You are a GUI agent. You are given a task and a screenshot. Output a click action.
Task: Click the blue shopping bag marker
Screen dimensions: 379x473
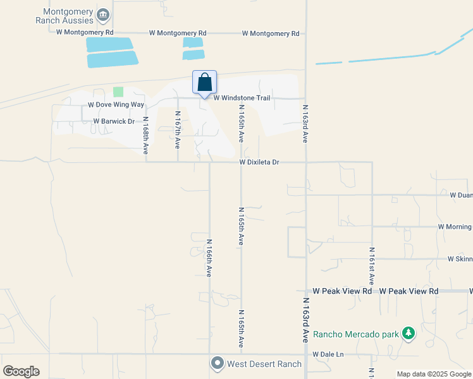pyautogui.click(x=204, y=83)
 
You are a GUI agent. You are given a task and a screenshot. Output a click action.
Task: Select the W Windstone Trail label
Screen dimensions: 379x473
pyautogui.click(x=242, y=98)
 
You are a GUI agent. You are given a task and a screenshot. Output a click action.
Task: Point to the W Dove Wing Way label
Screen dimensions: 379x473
pyautogui.click(x=116, y=104)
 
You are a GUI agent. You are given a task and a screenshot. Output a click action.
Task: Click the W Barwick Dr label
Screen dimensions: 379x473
pyautogui.click(x=114, y=121)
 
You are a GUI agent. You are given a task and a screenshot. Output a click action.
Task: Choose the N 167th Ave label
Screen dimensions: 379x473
pyautogui.click(x=178, y=129)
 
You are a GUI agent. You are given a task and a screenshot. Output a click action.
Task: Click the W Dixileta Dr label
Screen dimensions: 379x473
pyautogui.click(x=259, y=162)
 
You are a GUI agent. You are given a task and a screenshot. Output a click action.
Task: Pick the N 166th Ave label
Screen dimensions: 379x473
pyautogui.click(x=209, y=258)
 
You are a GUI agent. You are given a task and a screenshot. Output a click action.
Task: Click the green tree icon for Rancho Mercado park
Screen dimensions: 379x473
pyautogui.click(x=408, y=333)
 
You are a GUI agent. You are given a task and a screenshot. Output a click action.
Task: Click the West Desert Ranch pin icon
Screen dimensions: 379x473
pyautogui.click(x=218, y=363)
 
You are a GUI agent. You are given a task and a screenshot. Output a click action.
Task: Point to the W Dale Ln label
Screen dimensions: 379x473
pyautogui.click(x=328, y=354)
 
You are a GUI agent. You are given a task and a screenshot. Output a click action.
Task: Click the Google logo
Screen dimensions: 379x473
pyautogui.click(x=21, y=371)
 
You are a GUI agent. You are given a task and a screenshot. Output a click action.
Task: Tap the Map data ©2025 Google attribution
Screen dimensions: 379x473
pyautogui.click(x=434, y=374)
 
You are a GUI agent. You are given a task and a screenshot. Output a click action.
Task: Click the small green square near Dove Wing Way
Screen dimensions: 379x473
pyautogui.click(x=118, y=92)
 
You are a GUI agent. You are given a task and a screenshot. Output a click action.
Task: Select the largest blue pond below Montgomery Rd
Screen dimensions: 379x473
pyautogui.click(x=113, y=59)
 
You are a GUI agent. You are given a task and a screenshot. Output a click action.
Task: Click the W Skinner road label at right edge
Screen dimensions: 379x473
pyautogui.click(x=460, y=259)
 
